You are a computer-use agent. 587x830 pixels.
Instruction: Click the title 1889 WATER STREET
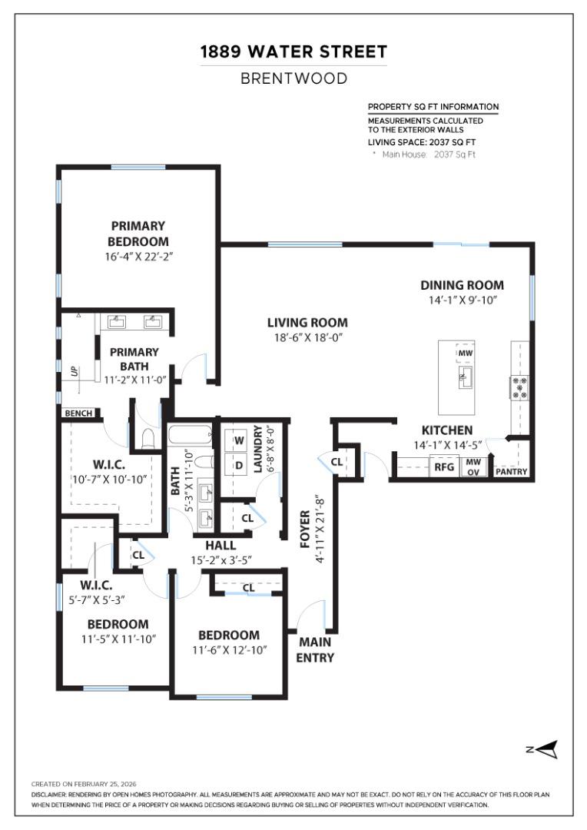(x=293, y=52)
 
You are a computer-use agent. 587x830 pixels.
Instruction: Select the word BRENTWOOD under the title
(x=293, y=78)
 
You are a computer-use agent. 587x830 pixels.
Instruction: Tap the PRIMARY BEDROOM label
(x=138, y=234)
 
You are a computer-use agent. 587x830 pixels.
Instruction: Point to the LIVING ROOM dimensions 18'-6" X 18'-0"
(x=307, y=337)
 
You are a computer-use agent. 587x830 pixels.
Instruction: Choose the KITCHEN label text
(x=446, y=430)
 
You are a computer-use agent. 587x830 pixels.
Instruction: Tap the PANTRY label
(x=511, y=471)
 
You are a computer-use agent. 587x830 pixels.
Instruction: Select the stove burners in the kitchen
(x=519, y=387)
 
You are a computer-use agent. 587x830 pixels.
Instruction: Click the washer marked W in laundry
(x=238, y=440)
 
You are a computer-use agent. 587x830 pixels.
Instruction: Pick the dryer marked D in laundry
(x=238, y=464)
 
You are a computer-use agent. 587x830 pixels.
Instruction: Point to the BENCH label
(x=78, y=413)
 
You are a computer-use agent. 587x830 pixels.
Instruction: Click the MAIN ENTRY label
(x=315, y=649)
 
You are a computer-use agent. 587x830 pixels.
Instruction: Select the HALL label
(x=221, y=546)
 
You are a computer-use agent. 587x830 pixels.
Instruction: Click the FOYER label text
(x=305, y=530)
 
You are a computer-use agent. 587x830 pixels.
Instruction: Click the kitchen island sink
(x=465, y=376)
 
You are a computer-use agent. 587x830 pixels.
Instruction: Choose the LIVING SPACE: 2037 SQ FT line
(x=422, y=142)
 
